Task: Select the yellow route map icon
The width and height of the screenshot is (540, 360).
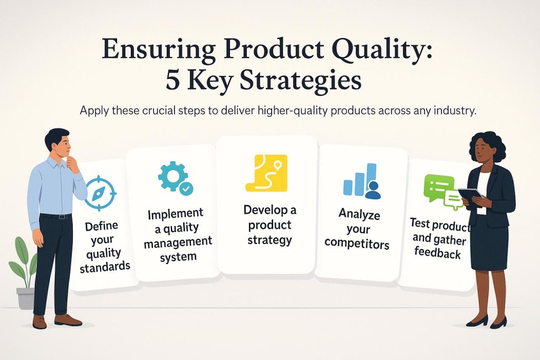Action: coord(266,172)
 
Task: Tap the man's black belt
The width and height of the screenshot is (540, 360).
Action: coord(55,216)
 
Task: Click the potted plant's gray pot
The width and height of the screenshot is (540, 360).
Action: coord(25,298)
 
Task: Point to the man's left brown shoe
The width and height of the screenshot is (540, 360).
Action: coord(68,320)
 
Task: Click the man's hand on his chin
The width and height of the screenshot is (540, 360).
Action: coord(72,165)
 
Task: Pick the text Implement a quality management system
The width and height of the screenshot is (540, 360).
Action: coord(178,235)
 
